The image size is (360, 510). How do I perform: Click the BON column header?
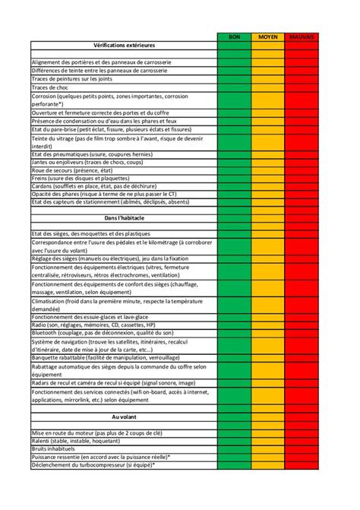235,36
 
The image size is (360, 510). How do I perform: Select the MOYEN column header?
268,36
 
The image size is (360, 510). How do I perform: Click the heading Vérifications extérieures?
124,46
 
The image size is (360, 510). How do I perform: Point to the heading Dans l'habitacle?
124,218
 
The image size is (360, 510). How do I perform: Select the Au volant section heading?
124,417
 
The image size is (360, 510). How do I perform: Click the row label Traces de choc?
52,87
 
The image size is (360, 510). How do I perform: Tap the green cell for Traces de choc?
235,87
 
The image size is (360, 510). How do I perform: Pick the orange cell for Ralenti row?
268,440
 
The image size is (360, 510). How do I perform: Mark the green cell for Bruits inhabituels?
235,448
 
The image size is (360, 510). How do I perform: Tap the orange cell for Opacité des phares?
268,193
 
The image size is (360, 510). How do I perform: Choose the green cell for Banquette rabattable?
235,356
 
